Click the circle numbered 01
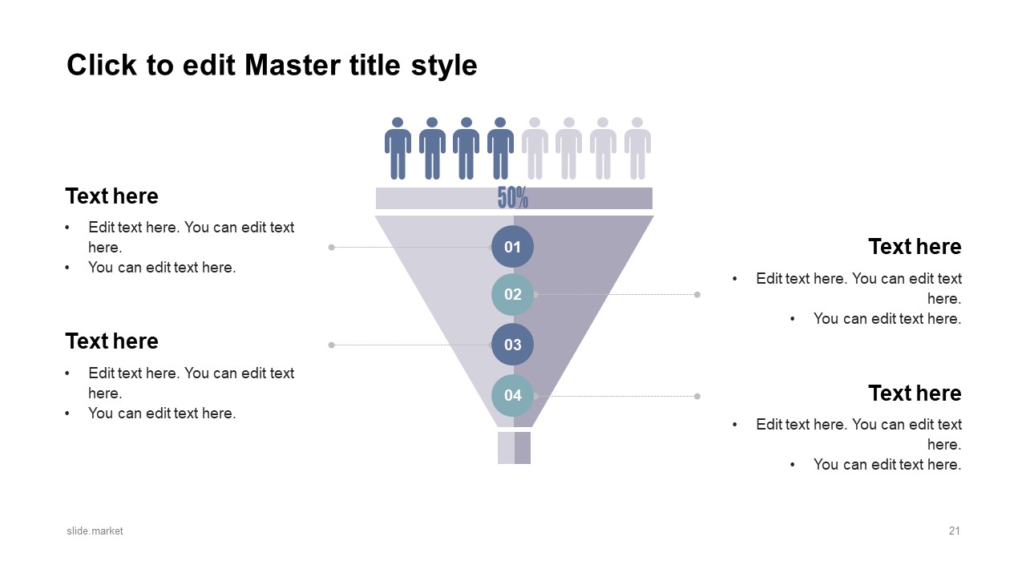point(512,246)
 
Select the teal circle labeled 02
point(512,294)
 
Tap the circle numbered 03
point(512,345)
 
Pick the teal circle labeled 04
point(512,395)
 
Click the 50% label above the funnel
point(512,198)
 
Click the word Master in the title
point(293,65)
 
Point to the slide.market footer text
point(95,531)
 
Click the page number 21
point(954,531)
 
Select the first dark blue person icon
point(398,148)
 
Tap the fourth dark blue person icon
point(500,148)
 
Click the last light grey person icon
point(637,148)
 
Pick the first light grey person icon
point(535,148)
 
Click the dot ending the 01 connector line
point(331,248)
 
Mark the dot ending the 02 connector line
point(697,294)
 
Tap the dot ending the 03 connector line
point(331,345)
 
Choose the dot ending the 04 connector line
point(697,396)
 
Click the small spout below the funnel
point(514,448)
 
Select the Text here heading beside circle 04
point(915,393)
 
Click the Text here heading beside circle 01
point(111,196)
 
